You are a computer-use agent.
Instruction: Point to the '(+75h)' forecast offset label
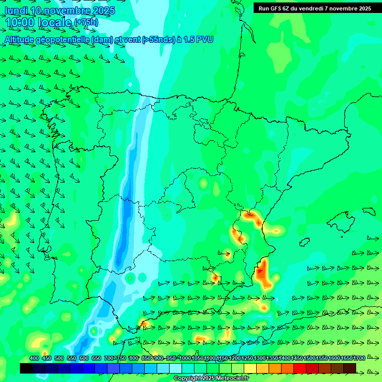click(86, 22)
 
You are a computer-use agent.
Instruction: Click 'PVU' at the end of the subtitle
click(204, 40)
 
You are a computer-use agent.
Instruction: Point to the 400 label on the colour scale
click(34, 358)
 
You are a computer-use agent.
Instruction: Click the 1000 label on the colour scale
click(185, 358)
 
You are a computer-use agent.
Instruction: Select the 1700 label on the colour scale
click(359, 358)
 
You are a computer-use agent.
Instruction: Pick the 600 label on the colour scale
click(84, 358)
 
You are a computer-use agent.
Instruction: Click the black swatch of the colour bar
click(26, 368)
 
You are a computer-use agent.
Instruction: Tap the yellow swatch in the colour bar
click(250, 368)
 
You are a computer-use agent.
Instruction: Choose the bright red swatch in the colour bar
click(300, 368)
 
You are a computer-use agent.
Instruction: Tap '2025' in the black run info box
click(363, 8)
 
